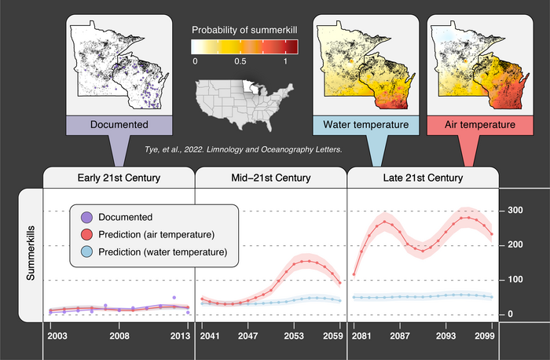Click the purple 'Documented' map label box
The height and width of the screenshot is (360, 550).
click(119, 124)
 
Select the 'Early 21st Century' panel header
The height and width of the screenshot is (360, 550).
click(119, 178)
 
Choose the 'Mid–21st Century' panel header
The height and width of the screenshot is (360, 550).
click(271, 178)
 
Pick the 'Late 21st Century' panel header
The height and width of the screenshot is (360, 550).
click(423, 178)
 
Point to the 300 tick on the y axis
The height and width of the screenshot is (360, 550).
click(516, 211)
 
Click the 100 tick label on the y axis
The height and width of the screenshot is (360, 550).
click(516, 280)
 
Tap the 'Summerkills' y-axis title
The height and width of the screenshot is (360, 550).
click(31, 254)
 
